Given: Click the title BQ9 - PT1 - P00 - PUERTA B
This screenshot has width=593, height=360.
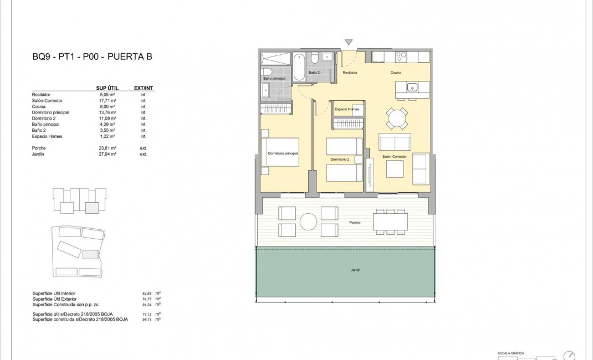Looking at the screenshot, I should (x=92, y=56).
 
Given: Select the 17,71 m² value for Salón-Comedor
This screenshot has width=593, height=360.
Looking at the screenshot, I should (x=108, y=101).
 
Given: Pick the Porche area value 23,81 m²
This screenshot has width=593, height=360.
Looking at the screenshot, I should (x=108, y=148).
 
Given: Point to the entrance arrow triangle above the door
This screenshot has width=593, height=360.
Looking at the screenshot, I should (x=349, y=42).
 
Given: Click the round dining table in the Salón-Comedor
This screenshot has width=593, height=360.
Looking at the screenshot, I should (x=397, y=118).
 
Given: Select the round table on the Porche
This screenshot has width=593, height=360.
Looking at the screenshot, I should (x=308, y=222).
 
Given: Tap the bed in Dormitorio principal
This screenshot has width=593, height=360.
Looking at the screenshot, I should (x=281, y=152).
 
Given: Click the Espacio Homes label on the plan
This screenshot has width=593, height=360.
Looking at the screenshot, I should (x=347, y=110).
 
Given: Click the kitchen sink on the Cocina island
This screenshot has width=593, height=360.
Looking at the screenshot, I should (x=412, y=87).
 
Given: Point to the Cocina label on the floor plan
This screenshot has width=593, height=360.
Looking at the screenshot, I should (x=395, y=73).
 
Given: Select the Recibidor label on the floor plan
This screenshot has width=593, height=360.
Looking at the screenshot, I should (x=350, y=73).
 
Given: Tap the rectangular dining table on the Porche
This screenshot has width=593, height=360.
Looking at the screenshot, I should (x=393, y=222).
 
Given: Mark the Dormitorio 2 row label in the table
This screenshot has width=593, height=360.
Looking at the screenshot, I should (x=45, y=119).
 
